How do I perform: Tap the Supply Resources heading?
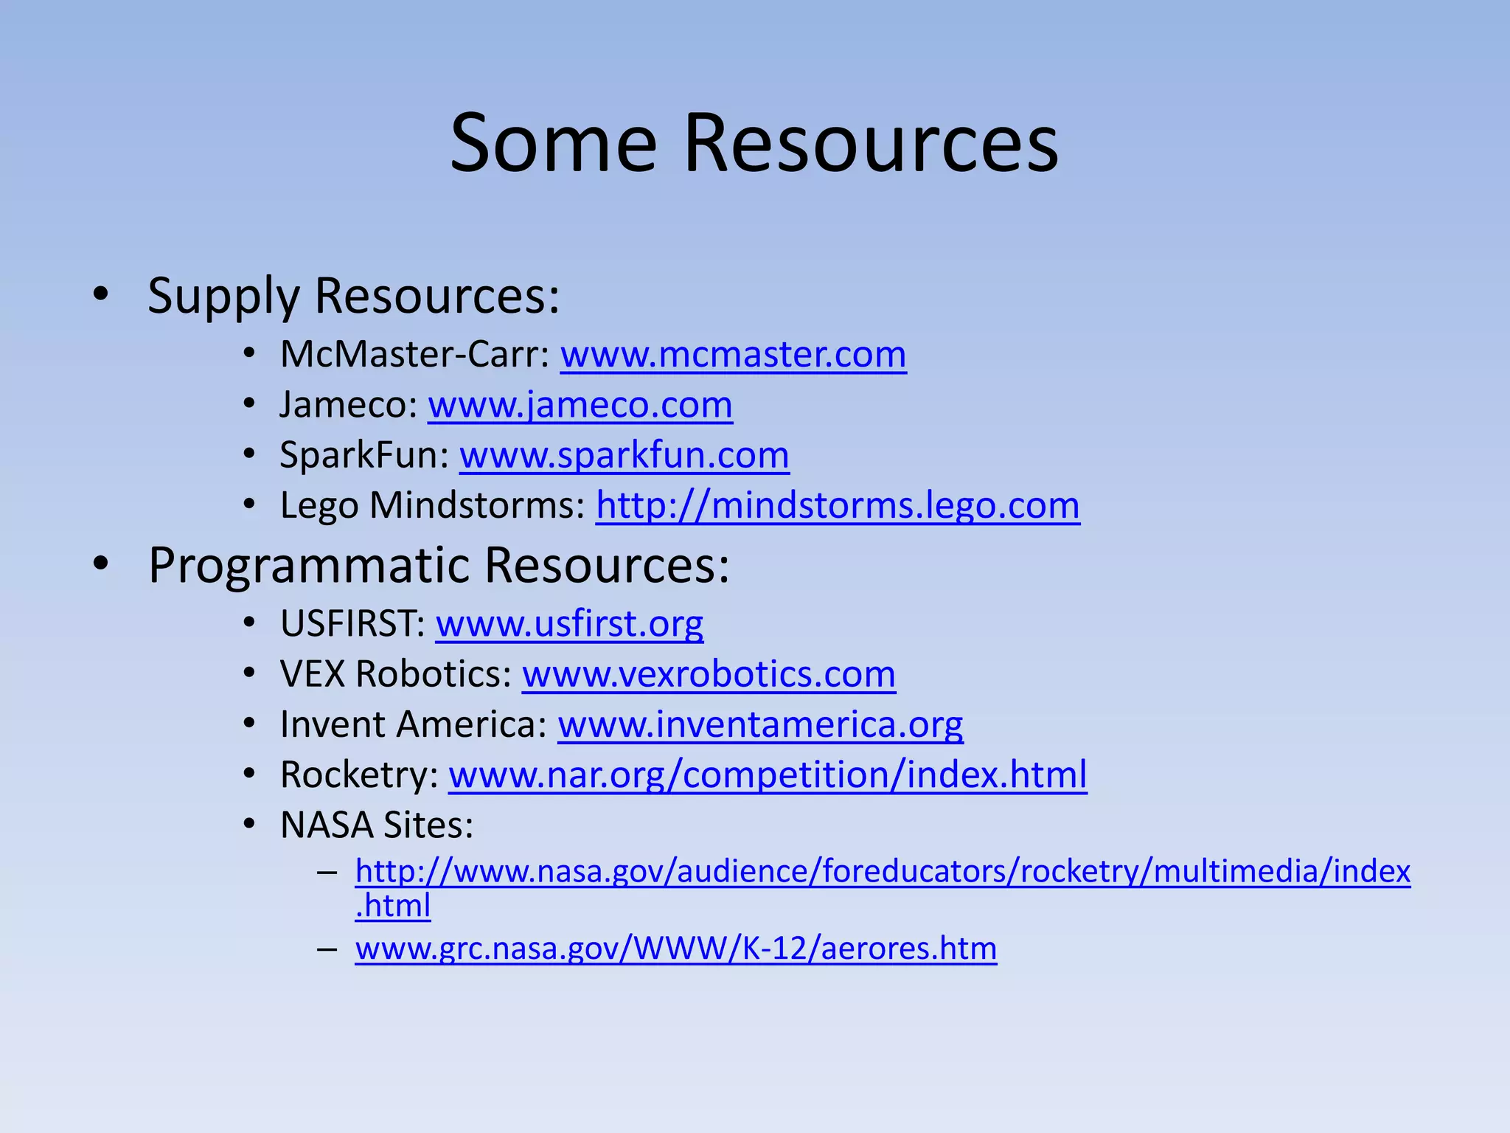(x=353, y=296)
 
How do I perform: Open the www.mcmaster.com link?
(x=733, y=355)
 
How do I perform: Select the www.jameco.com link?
(x=580, y=405)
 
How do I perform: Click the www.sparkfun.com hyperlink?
(x=624, y=455)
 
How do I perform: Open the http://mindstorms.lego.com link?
(x=838, y=506)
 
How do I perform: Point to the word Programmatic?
(x=309, y=566)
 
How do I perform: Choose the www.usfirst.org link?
(x=569, y=624)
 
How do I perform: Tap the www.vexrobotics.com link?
(x=709, y=674)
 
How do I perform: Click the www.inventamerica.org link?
(x=760, y=724)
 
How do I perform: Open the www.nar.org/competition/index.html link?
(x=768, y=775)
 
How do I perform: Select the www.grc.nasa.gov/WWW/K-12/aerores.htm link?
(x=675, y=949)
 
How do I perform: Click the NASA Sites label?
(x=376, y=825)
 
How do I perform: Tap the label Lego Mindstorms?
(x=432, y=506)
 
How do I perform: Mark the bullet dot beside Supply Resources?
(x=101, y=294)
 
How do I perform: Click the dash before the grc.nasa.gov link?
(x=327, y=949)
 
